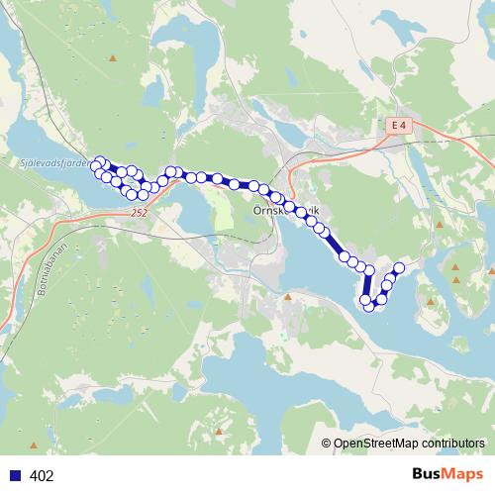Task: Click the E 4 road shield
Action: click(398, 126)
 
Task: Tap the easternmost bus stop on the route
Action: click(400, 268)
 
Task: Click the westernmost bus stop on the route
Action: click(96, 166)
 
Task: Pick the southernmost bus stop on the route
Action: click(370, 305)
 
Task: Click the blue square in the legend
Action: click(15, 475)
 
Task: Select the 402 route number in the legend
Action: click(43, 476)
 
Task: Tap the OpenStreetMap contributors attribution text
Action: click(410, 444)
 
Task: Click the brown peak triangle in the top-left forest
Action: click(114, 58)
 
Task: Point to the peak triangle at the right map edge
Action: click(490, 270)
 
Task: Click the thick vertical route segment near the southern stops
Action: click(367, 285)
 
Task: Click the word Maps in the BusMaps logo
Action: click(463, 474)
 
